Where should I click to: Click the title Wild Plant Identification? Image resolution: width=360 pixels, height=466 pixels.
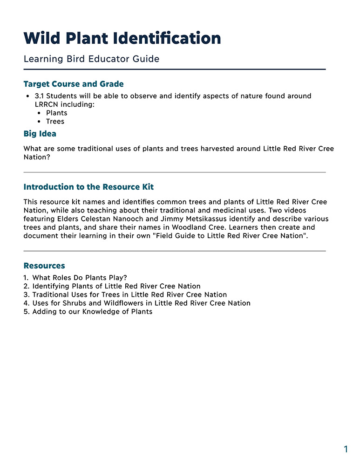[x=122, y=38]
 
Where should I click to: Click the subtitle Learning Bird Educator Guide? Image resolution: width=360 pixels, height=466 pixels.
[x=91, y=59]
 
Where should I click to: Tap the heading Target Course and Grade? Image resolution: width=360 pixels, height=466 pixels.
[x=74, y=84]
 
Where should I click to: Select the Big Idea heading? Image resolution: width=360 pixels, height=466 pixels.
[x=40, y=134]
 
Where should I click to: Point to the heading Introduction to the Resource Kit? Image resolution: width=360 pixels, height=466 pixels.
[x=88, y=187]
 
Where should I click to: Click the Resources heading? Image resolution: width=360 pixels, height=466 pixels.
[x=44, y=266]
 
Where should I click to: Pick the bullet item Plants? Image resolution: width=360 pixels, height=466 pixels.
[x=56, y=113]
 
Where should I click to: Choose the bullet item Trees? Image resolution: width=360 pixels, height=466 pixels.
[x=55, y=121]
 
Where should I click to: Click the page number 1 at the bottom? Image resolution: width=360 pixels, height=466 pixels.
[x=346, y=449]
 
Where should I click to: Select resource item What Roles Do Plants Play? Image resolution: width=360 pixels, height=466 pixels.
[x=80, y=278]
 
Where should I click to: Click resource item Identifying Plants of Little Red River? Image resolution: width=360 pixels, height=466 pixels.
[x=116, y=286]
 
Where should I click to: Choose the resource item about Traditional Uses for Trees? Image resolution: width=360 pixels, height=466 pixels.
[x=129, y=295]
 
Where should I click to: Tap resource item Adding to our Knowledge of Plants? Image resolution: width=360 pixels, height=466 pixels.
[x=92, y=311]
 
